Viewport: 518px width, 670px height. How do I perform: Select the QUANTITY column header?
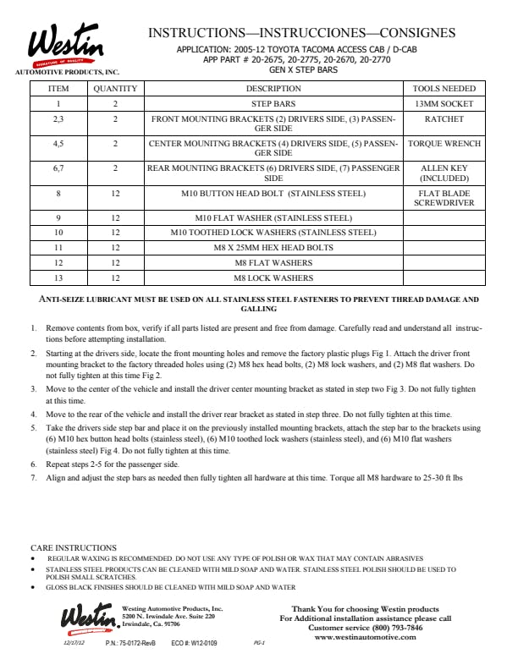click(x=115, y=88)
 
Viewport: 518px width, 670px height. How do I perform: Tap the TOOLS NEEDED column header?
click(x=444, y=88)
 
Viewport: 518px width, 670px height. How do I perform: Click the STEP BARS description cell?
click(x=273, y=103)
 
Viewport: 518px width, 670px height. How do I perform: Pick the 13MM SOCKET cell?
click(x=444, y=103)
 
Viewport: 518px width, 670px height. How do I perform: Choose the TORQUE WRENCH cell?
click(x=444, y=144)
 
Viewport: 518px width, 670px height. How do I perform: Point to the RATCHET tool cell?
click(x=444, y=119)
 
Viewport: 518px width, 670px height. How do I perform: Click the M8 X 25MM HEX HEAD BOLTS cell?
click(x=273, y=248)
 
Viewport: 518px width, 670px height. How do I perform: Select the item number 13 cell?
click(x=58, y=277)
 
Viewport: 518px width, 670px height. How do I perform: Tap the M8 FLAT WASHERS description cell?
click(x=273, y=262)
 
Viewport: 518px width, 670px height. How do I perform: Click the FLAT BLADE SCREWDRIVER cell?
click(x=444, y=199)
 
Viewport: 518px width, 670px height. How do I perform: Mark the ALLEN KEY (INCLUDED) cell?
click(x=444, y=173)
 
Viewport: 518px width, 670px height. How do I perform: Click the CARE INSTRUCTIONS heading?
click(x=74, y=548)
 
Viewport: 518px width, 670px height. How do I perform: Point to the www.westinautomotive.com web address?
click(x=366, y=637)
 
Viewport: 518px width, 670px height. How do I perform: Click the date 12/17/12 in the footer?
click(x=75, y=643)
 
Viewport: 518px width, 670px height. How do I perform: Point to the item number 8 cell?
click(x=58, y=194)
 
